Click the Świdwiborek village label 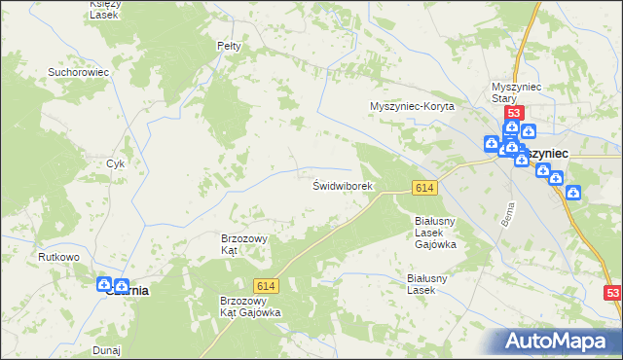pyautogui.click(x=343, y=185)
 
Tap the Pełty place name pyautogui.click(x=229, y=46)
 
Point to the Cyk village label pyautogui.click(x=116, y=163)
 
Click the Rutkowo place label pyautogui.click(x=57, y=257)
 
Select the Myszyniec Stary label pyautogui.click(x=516, y=91)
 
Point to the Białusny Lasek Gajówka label pyautogui.click(x=435, y=234)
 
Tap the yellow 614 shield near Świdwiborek pyautogui.click(x=422, y=188)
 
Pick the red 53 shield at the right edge pyautogui.click(x=612, y=293)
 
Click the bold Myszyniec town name pyautogui.click(x=551, y=154)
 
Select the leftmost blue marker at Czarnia pyautogui.click(x=104, y=284)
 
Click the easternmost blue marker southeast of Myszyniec pyautogui.click(x=574, y=194)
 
